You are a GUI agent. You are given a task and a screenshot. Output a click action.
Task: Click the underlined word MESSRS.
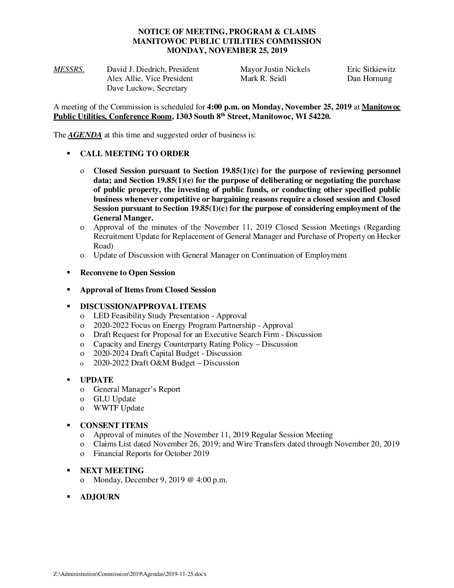point(69,69)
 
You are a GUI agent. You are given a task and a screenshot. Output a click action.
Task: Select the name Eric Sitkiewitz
point(371,69)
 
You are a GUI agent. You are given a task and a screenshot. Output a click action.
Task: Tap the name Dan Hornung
point(369,79)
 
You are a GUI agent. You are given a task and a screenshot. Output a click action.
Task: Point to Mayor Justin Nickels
point(275,69)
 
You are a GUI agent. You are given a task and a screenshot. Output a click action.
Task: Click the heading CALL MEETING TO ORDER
point(134,154)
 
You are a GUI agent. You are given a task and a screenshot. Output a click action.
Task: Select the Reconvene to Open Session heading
point(127,273)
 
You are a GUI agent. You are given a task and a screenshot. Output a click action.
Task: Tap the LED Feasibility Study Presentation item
point(170,316)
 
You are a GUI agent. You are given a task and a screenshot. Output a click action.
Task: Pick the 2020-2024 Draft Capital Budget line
point(167,353)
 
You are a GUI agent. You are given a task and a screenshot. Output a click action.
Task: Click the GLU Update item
point(114,399)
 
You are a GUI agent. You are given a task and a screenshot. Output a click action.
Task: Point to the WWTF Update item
point(119,408)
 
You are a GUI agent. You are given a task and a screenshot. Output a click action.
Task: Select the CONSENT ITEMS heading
point(114,426)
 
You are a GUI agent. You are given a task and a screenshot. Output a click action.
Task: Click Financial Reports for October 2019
point(151,453)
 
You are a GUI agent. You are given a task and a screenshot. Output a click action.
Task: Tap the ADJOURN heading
point(100,497)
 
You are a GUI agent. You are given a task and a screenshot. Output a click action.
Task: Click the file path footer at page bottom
point(130,574)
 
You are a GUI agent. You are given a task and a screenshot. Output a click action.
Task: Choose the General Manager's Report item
point(137,389)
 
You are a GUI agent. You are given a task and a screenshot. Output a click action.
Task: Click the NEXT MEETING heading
point(112,470)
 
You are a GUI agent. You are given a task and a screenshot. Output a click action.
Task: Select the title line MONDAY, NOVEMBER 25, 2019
point(227,51)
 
